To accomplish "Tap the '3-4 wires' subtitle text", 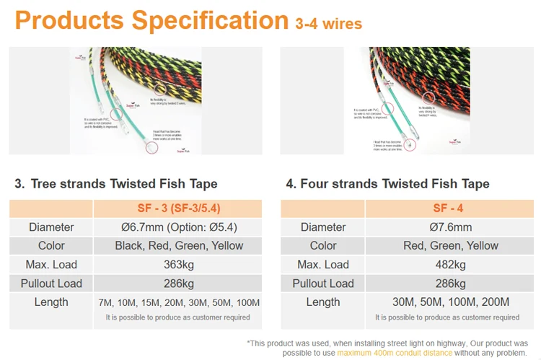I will click(x=328, y=25).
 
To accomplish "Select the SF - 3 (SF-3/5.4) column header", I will click(x=178, y=208).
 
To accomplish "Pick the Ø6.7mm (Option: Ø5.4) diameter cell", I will click(x=178, y=227).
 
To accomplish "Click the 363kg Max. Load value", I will click(x=178, y=265).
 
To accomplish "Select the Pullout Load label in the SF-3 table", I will click(x=50, y=284).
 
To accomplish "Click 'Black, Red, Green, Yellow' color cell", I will click(x=178, y=246).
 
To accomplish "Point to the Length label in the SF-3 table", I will click(x=50, y=302).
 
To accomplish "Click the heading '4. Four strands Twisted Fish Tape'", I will click(x=387, y=184).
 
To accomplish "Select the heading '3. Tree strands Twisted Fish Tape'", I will click(x=115, y=184).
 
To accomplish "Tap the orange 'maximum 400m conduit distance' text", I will click(x=395, y=353).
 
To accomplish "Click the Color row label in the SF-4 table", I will click(x=322, y=246).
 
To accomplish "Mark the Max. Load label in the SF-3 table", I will click(x=50, y=265).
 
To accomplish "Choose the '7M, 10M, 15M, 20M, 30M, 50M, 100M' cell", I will click(x=178, y=302).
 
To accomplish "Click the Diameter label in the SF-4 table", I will click(x=322, y=227).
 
